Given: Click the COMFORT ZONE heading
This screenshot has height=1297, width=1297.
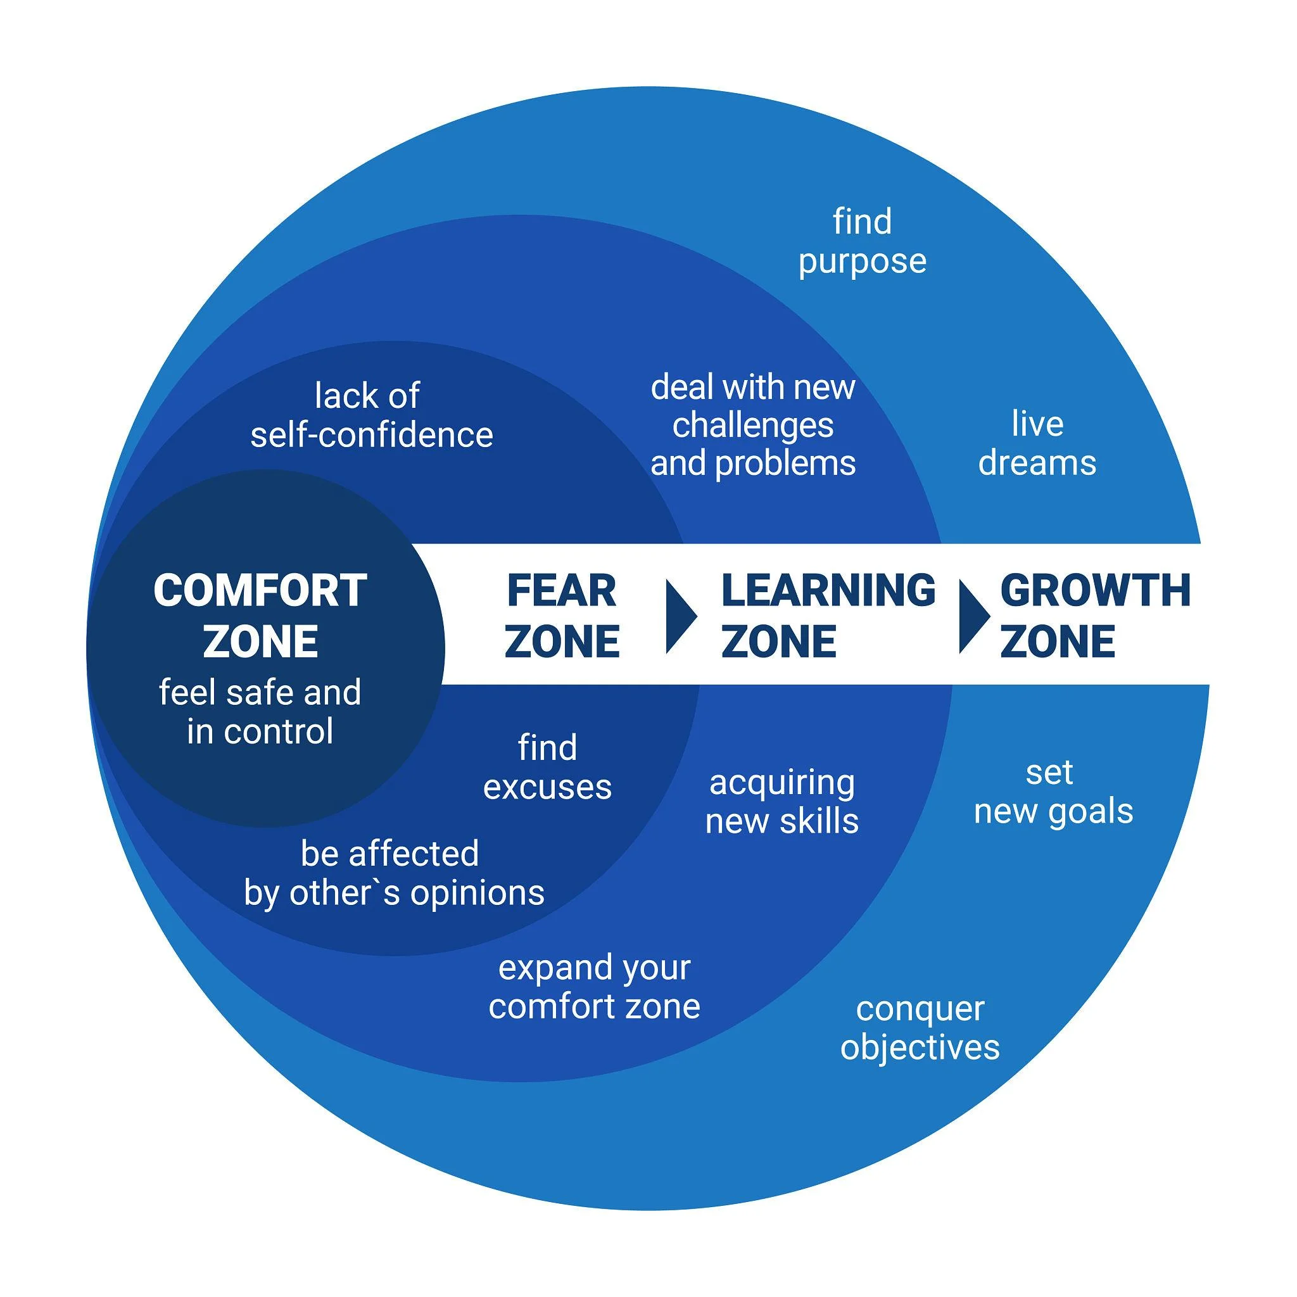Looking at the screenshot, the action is tap(260, 616).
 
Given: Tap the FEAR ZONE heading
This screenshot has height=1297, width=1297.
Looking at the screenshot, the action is tap(562, 616).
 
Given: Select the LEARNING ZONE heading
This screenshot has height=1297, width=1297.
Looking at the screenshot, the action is tap(828, 616).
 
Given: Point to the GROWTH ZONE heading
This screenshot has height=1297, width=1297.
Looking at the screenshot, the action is tap(1095, 616).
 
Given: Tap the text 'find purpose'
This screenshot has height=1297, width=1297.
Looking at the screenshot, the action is tap(863, 242).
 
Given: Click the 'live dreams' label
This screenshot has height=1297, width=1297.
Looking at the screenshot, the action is tap(1037, 444).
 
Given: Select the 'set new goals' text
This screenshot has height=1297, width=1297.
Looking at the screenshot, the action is tap(1053, 793).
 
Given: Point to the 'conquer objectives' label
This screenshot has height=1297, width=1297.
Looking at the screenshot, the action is tap(920, 1028).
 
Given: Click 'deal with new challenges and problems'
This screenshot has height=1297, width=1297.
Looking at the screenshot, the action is tap(753, 425).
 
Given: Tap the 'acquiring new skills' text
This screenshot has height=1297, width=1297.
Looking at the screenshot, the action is tap(782, 802).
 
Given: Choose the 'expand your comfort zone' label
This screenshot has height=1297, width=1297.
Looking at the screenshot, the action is tap(594, 987).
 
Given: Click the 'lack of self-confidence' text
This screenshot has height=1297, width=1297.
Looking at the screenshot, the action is tap(372, 415).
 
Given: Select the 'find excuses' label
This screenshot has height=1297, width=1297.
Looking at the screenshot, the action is tap(547, 768).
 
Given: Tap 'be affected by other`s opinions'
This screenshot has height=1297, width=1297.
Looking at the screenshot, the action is tap(394, 873).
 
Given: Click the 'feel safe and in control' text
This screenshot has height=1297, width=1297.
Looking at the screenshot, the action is tap(260, 712).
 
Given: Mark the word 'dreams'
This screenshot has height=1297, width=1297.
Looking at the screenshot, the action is tap(1037, 462).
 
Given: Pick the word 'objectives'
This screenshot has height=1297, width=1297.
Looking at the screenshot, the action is tap(920, 1048).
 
